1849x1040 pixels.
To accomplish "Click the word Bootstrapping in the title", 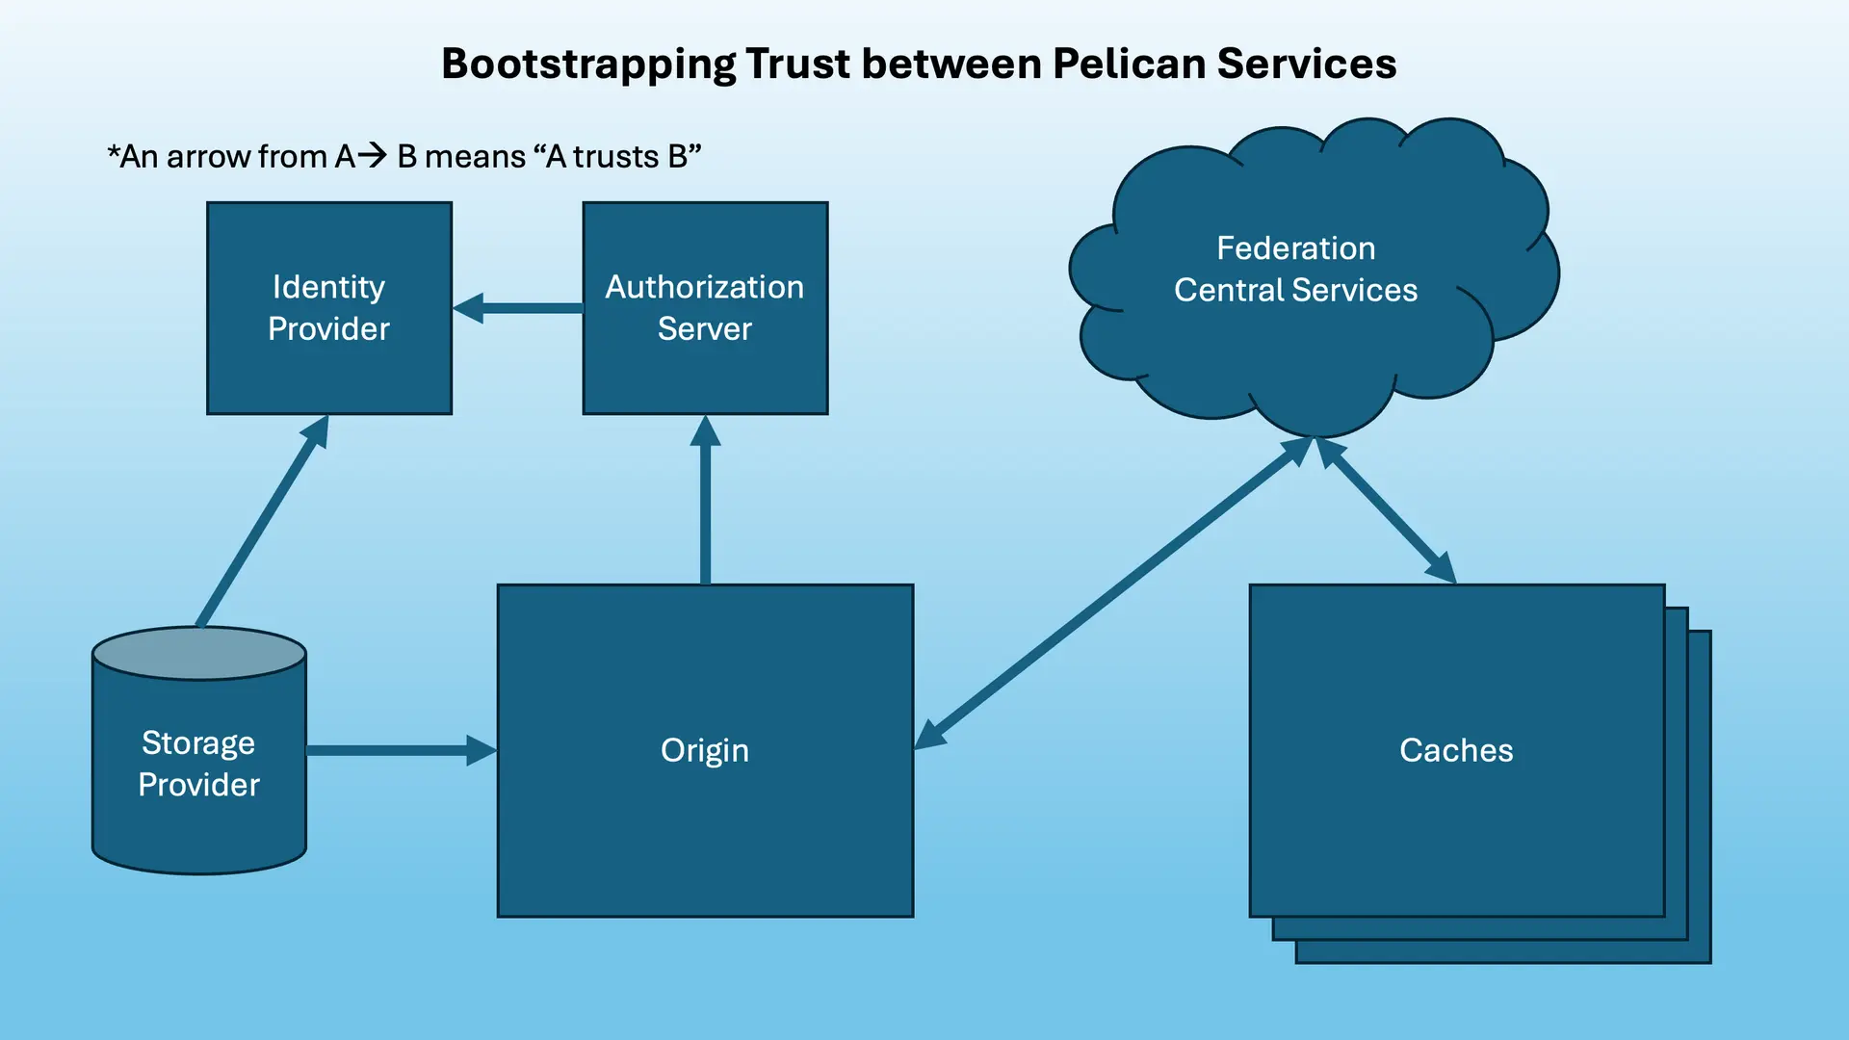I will (588, 65).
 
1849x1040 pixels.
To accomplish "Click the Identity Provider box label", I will (328, 307).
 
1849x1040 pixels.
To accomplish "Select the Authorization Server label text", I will (704, 307).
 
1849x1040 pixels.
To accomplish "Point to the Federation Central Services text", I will (1295, 269).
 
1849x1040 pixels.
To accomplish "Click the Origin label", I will (704, 750).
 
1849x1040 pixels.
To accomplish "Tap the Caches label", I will (1455, 750).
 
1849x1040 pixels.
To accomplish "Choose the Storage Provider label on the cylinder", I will (198, 764).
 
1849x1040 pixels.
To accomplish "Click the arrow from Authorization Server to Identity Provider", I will (520, 308).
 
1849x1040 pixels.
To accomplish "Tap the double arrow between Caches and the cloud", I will (1387, 510).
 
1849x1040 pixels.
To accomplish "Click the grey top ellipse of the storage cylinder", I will (199, 654).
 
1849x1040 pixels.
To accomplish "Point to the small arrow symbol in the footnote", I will (372, 155).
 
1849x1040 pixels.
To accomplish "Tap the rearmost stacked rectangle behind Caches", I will (1701, 799).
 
